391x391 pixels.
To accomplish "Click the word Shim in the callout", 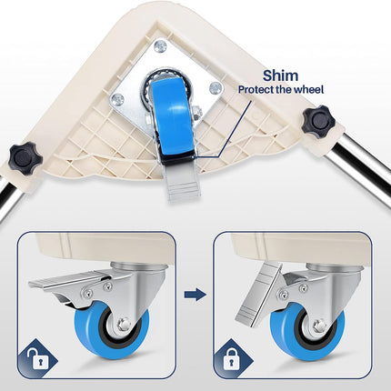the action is tap(280, 75).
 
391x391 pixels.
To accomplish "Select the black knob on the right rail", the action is tap(318, 122).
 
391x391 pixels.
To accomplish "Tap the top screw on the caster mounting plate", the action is tap(160, 46).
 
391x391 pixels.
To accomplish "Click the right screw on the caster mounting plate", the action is tap(216, 87).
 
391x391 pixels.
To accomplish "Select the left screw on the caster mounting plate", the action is tap(117, 98).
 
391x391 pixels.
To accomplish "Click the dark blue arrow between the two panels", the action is tap(195, 295).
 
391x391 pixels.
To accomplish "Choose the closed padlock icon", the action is tap(231, 358).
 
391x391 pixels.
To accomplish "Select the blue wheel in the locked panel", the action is tap(307, 331).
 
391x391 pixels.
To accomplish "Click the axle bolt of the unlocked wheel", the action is tap(124, 325).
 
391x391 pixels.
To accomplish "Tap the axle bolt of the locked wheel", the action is tap(319, 326).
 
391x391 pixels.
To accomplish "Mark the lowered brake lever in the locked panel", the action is tap(258, 294).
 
